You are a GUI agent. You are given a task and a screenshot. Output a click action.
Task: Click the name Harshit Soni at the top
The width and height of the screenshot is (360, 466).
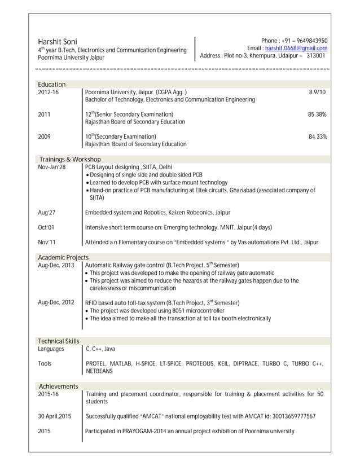[58, 41]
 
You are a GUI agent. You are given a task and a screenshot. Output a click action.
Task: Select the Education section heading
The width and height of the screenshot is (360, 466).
[51, 84]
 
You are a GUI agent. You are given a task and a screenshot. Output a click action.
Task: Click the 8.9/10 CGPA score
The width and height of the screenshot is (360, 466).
[318, 92]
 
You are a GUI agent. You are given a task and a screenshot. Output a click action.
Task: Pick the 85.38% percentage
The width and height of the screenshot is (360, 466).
[317, 115]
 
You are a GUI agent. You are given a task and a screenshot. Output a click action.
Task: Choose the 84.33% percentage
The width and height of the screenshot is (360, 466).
[317, 137]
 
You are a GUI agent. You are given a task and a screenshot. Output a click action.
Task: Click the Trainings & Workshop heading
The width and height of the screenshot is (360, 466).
[69, 160]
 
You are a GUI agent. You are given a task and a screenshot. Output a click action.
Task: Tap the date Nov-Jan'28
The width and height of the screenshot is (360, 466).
[52, 167]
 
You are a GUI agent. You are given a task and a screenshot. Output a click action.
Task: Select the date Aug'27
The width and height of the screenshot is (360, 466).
[46, 213]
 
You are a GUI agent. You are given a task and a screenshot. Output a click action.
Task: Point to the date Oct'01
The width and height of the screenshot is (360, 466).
[46, 227]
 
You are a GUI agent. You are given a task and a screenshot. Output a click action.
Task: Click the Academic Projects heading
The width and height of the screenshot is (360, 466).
[63, 257]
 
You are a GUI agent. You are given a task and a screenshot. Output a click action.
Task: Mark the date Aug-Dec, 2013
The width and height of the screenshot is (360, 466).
[56, 265]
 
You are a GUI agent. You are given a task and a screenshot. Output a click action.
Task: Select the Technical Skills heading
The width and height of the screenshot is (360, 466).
[58, 341]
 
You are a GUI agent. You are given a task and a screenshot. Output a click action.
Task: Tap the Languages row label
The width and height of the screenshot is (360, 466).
[51, 349]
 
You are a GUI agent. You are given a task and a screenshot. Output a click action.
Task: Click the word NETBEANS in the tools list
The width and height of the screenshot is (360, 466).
[99, 371]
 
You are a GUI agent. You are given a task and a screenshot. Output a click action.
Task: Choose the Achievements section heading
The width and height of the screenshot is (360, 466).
[58, 386]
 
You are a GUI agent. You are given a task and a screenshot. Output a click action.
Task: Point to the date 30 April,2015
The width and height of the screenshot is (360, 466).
[55, 416]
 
